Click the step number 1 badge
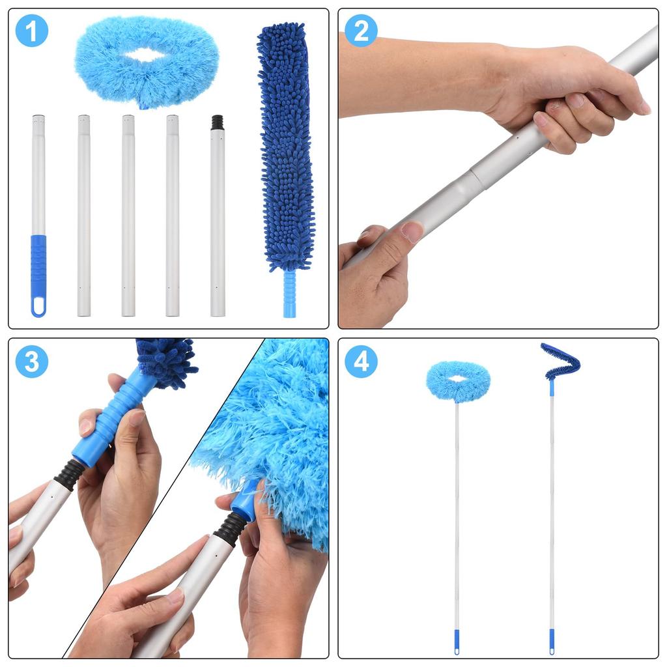(31, 31)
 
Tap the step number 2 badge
(361, 31)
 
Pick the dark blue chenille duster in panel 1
(285, 143)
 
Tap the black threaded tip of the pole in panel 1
(218, 122)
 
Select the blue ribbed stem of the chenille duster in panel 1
(289, 293)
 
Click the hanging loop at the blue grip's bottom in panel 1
(38, 307)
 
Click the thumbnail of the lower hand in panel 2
(412, 231)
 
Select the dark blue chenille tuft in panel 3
(166, 362)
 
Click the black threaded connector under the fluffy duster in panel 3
(231, 528)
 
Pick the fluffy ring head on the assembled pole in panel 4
(458, 381)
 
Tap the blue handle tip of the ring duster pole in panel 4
(456, 640)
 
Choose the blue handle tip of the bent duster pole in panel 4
(552, 640)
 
